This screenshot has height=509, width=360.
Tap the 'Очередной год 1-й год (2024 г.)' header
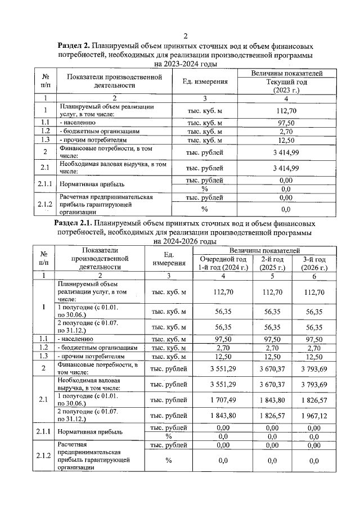click(223, 263)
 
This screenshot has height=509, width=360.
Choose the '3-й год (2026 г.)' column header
click(313, 263)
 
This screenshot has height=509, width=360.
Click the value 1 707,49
click(223, 399)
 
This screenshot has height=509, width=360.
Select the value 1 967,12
click(313, 415)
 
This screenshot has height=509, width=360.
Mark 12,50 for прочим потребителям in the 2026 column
click(313, 357)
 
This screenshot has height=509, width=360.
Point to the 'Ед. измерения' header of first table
click(205, 82)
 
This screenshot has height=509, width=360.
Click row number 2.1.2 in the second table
click(43, 455)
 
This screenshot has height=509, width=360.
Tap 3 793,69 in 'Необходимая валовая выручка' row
click(313, 384)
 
